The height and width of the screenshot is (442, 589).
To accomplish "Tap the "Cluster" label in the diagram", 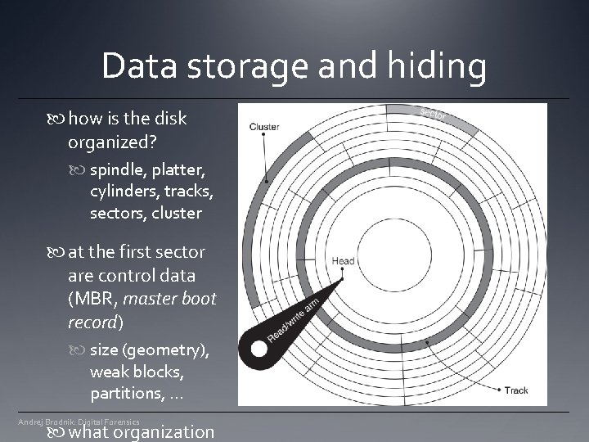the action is (x=264, y=126).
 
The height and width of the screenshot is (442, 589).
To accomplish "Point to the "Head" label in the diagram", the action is (x=343, y=262).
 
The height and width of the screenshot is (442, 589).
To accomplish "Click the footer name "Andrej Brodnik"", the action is (x=45, y=422).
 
